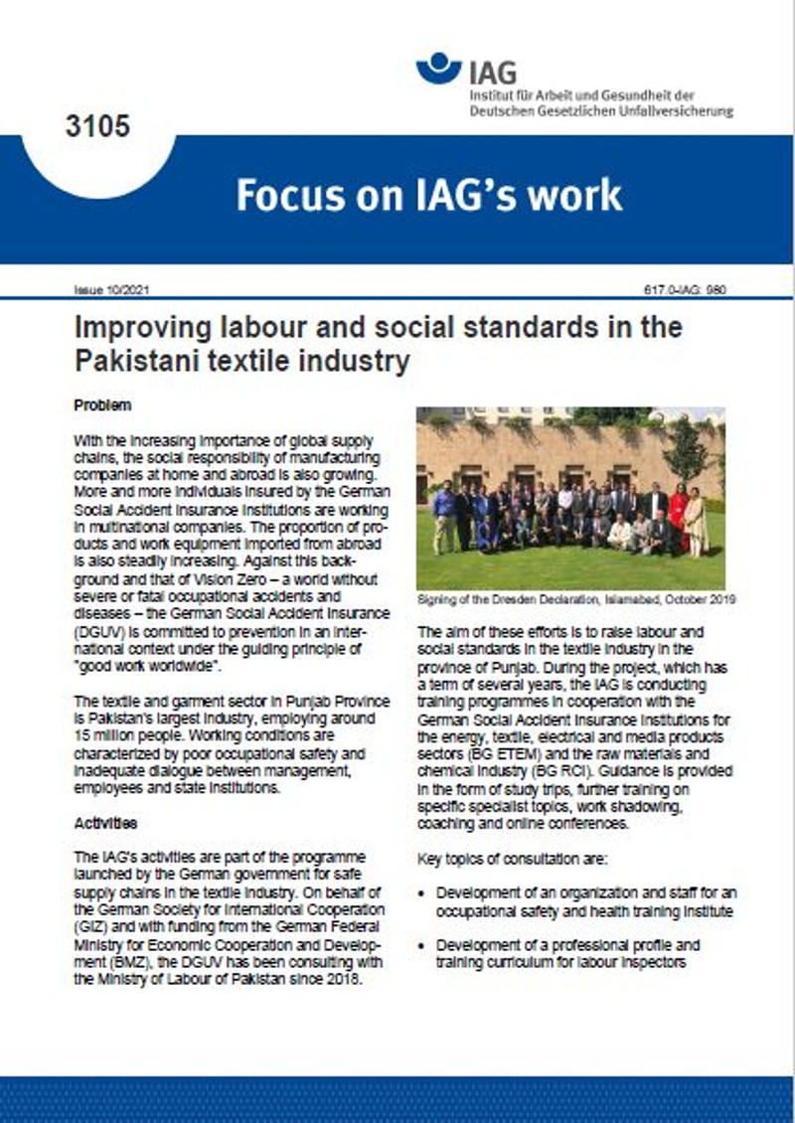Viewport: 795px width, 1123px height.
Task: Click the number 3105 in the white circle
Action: click(x=97, y=127)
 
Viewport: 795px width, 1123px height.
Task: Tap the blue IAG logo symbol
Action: click(x=438, y=68)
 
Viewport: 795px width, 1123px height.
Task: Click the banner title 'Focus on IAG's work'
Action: click(x=428, y=194)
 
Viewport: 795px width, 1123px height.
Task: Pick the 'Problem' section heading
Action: click(x=102, y=406)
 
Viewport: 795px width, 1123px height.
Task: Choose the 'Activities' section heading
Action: click(x=105, y=824)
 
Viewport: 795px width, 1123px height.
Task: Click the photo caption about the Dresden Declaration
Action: click(x=569, y=600)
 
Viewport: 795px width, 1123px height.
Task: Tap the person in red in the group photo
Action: click(x=678, y=517)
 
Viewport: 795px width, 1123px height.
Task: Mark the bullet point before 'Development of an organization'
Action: click(x=424, y=893)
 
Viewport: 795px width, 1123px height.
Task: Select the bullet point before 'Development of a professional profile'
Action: click(x=424, y=945)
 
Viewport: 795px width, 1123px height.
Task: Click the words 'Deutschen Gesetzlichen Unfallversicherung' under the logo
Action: click(x=601, y=111)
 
